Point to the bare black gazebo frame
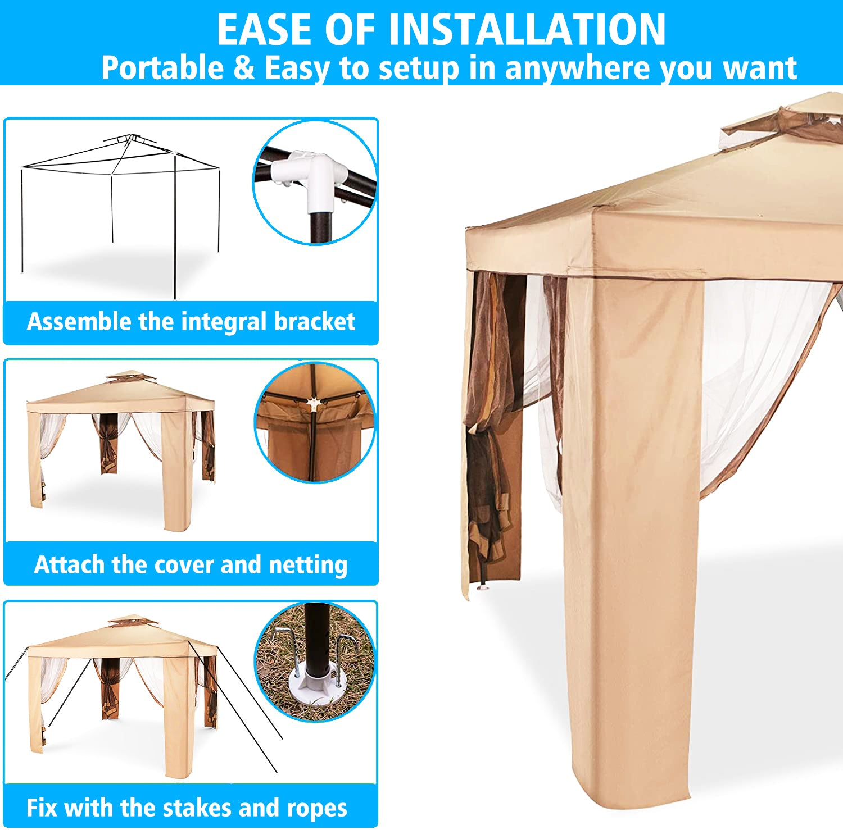120,213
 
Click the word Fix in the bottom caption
42,808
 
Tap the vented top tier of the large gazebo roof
784,121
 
